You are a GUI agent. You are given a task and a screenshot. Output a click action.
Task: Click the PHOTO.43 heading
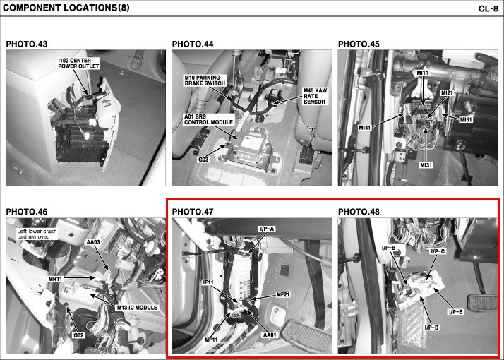(x=27, y=44)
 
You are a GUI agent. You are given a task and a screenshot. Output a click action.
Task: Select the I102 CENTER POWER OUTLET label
(x=79, y=64)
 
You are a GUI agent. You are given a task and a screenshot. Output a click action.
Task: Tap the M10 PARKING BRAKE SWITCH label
(x=205, y=80)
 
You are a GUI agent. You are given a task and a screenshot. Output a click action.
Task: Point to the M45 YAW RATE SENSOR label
(x=315, y=96)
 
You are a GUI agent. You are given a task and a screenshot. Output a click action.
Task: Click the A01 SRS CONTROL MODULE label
(x=208, y=119)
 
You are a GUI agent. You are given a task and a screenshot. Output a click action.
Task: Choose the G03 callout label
(x=203, y=160)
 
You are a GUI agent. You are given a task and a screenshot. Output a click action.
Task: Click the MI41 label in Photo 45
(x=364, y=128)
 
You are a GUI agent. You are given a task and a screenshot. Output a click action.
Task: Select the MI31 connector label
(x=426, y=165)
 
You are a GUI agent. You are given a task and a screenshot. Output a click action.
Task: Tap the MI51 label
(x=466, y=120)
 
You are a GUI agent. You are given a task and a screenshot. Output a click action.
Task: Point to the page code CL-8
(x=488, y=8)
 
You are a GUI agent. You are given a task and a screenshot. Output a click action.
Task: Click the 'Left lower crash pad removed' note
(x=37, y=234)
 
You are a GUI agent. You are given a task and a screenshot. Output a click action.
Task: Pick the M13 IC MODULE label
(x=137, y=308)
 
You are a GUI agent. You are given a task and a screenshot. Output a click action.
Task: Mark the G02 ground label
(x=78, y=335)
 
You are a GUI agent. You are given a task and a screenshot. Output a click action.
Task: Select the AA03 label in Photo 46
(x=93, y=242)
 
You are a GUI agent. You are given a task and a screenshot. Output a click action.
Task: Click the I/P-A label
(x=267, y=229)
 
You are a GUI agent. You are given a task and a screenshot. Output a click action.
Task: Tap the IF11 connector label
(x=208, y=282)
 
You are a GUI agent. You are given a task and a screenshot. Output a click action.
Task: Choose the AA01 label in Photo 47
(x=270, y=335)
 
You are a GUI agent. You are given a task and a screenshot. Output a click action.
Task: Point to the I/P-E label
(x=455, y=312)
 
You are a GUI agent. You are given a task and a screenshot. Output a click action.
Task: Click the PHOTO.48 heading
(x=359, y=212)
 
